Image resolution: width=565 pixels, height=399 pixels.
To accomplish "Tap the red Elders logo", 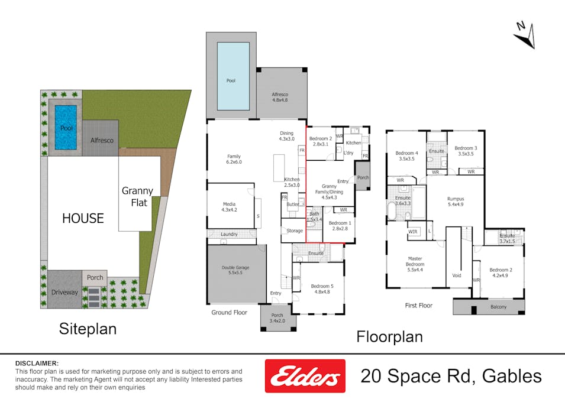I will [x=304, y=376].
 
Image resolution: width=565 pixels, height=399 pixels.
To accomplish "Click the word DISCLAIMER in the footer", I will [x=37, y=363].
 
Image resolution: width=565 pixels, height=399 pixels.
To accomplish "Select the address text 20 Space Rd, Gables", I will [x=451, y=376].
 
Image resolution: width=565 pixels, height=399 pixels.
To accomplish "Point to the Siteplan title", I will [x=88, y=329].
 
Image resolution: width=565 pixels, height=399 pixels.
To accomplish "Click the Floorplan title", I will [x=389, y=336].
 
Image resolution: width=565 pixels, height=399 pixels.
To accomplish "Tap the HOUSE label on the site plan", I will [x=83, y=218].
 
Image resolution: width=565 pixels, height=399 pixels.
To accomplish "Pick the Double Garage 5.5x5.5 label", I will [x=235, y=271].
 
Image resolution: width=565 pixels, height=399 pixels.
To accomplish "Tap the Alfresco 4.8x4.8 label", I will [x=280, y=97].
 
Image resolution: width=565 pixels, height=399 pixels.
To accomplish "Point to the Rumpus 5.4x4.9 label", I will [x=455, y=202].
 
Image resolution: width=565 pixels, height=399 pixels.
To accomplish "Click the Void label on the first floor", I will [x=456, y=275].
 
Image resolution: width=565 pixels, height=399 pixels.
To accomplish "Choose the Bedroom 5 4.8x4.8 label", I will [x=319, y=289].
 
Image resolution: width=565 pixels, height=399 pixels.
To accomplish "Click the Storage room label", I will [x=295, y=231].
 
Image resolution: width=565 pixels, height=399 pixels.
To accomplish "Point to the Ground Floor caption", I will [x=229, y=312].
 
